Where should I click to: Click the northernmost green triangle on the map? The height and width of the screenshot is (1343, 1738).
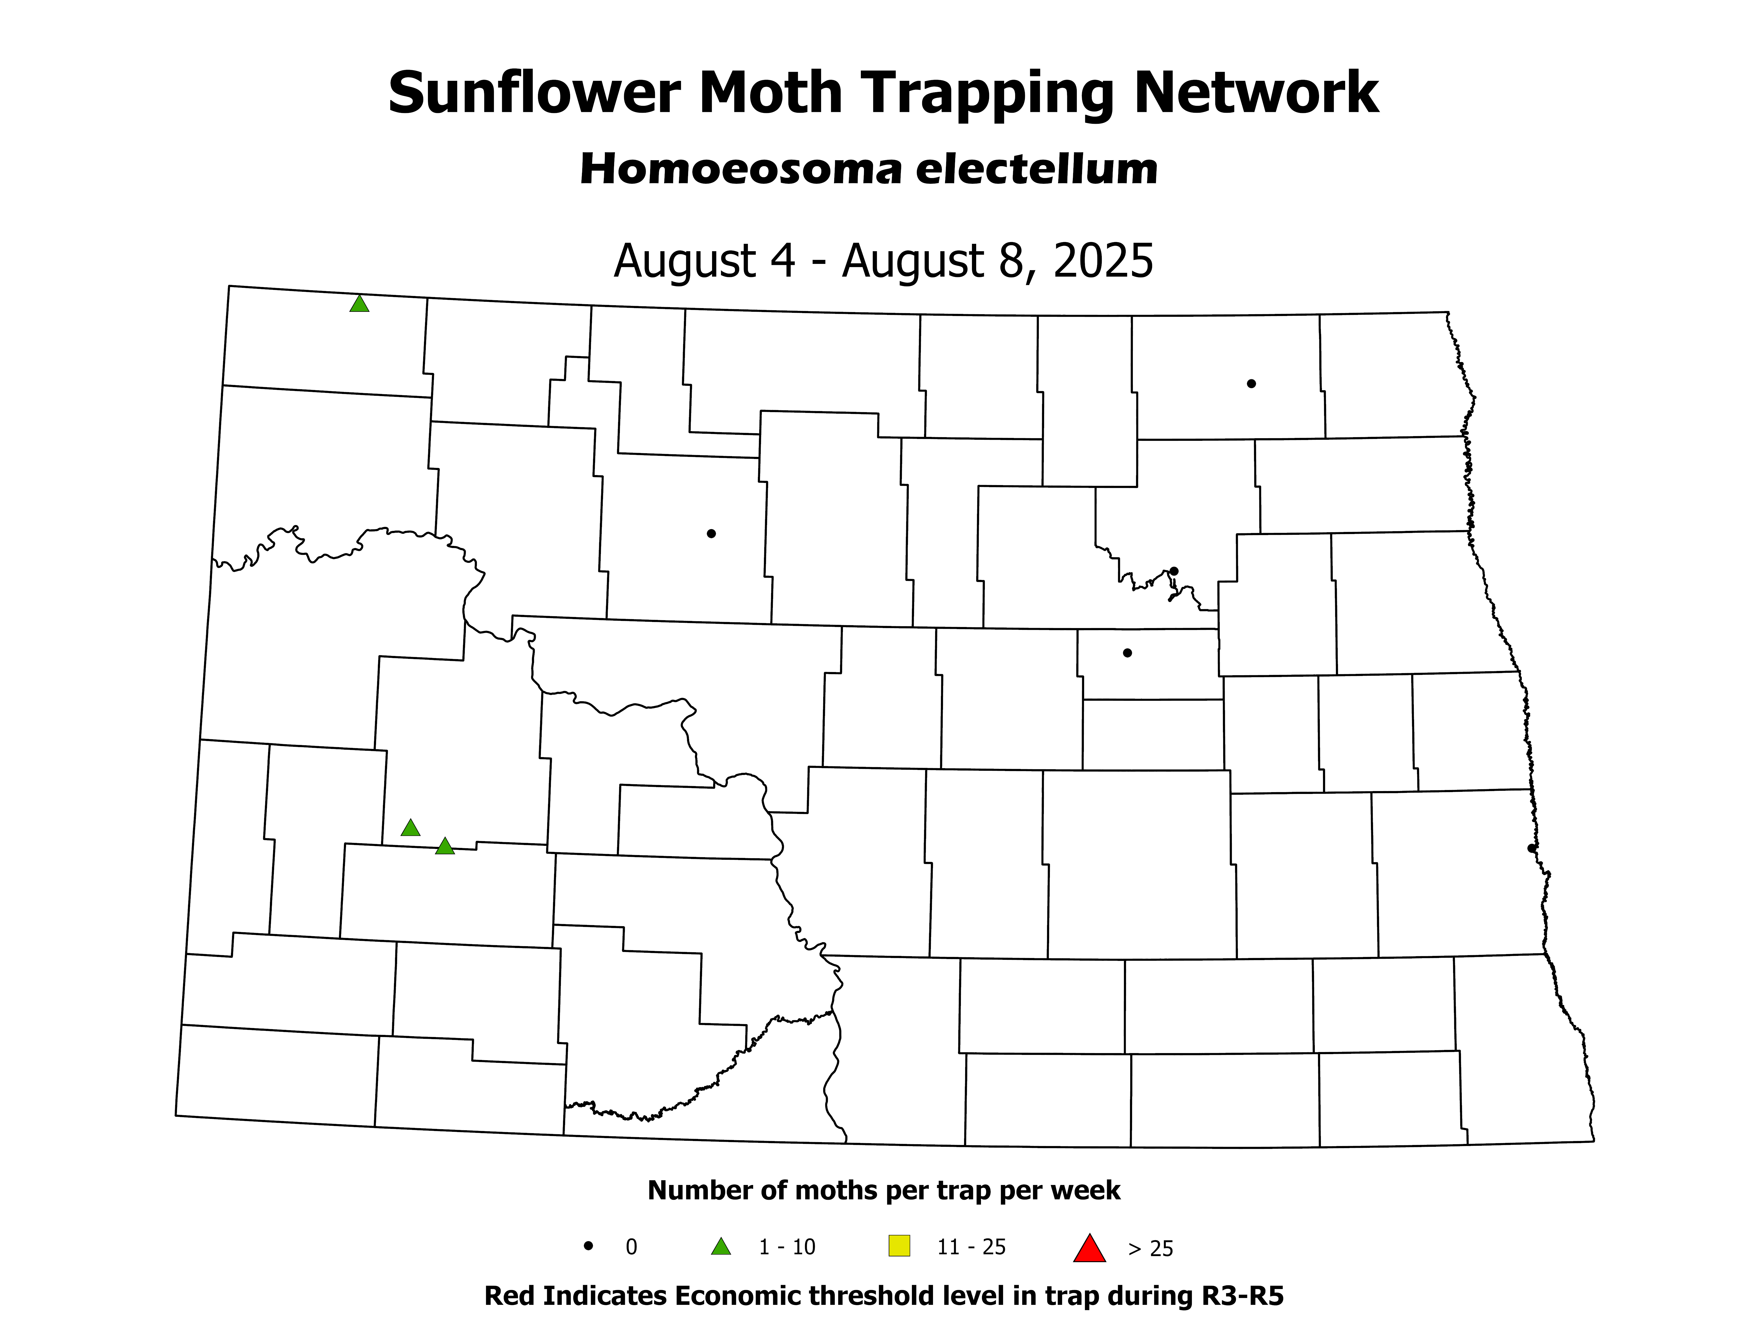click(x=359, y=304)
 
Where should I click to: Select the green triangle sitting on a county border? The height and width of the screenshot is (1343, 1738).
click(x=445, y=847)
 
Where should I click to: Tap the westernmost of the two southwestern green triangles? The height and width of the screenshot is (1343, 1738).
click(x=410, y=828)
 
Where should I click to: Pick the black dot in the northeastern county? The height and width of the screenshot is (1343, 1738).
click(x=1251, y=383)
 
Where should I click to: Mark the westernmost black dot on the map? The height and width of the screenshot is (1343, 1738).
click(x=711, y=533)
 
